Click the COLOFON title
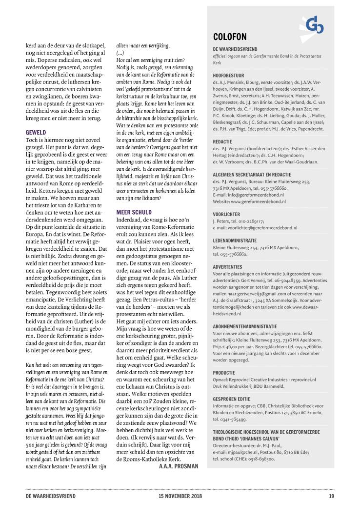pos(230,37)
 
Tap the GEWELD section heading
pos(36,132)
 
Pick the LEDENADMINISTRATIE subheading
pos(235,240)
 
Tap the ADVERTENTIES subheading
pos(227,267)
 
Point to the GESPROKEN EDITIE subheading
pos(233,399)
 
